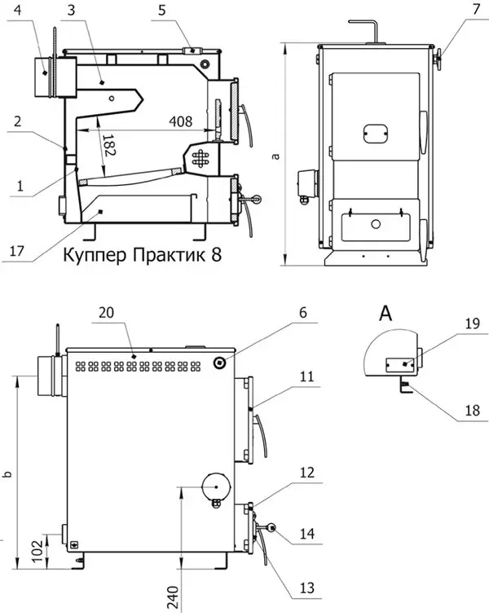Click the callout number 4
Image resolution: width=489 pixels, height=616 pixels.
pos(20,11)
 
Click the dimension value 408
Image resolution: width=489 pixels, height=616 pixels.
pos(182,121)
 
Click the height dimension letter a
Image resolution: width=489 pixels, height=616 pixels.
pos(276,156)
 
